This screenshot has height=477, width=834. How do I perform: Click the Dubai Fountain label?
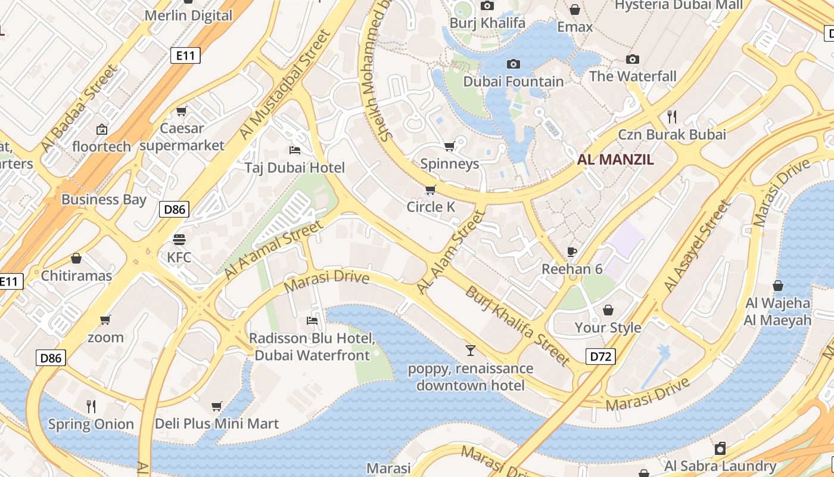514,82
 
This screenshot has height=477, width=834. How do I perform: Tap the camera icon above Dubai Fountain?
514,64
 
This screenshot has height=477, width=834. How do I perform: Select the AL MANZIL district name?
615,160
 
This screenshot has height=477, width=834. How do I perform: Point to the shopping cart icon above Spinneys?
450,146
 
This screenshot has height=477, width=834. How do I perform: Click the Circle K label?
431,207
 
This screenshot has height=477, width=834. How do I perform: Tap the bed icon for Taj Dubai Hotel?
294,150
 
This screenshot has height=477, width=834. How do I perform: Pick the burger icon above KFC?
179,240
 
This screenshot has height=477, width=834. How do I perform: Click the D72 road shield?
600,357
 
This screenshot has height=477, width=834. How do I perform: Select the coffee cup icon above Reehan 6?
572,252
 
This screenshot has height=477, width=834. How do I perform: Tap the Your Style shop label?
608,327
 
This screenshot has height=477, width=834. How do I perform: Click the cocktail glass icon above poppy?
471,350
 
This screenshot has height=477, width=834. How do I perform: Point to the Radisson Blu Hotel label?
312,346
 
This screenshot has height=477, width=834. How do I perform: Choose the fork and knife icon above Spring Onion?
91,407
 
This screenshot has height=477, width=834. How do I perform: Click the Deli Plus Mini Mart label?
217,424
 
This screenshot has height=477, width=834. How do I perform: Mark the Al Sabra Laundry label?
720,466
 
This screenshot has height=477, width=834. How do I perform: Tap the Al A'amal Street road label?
274,249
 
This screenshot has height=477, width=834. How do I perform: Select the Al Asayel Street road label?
697,246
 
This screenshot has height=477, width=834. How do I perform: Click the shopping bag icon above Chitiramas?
76,258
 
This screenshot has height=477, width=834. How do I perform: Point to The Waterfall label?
633,76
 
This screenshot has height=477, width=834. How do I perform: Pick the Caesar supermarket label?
182,137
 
